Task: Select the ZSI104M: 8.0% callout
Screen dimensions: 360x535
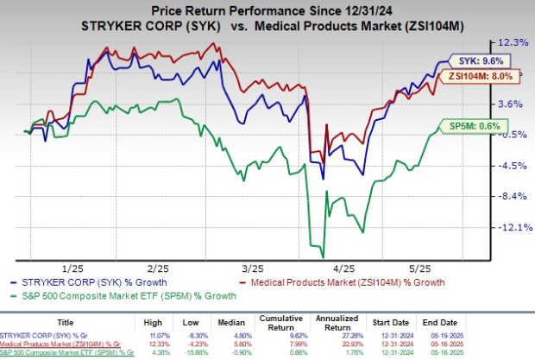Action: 482,77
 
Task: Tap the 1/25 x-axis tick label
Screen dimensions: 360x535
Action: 72,268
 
